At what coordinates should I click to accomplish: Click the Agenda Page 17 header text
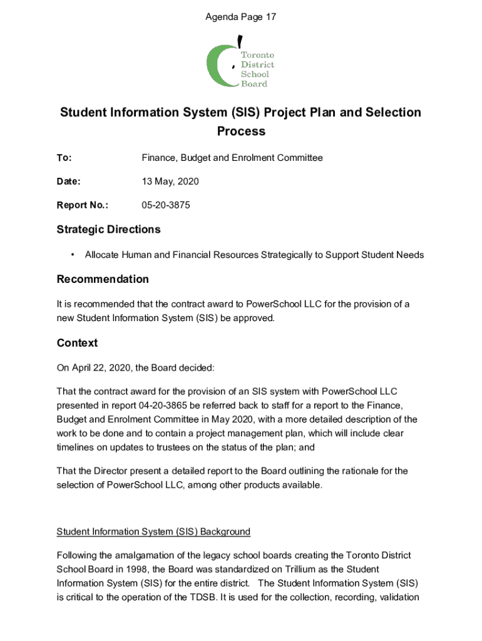(241, 17)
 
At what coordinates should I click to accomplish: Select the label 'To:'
(64, 158)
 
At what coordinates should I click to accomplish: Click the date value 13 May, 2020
(170, 182)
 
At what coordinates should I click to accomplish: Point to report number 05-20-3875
(166, 205)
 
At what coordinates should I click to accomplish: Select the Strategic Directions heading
(108, 229)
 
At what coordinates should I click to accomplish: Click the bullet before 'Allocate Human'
(73, 255)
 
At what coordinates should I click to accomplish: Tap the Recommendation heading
(103, 279)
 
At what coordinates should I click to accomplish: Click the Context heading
(77, 343)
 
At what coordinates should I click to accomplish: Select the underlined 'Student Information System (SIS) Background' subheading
(153, 531)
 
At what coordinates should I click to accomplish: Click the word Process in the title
(241, 131)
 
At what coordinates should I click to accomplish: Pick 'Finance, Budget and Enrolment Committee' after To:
(232, 158)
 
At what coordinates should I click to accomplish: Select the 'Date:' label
(68, 182)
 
